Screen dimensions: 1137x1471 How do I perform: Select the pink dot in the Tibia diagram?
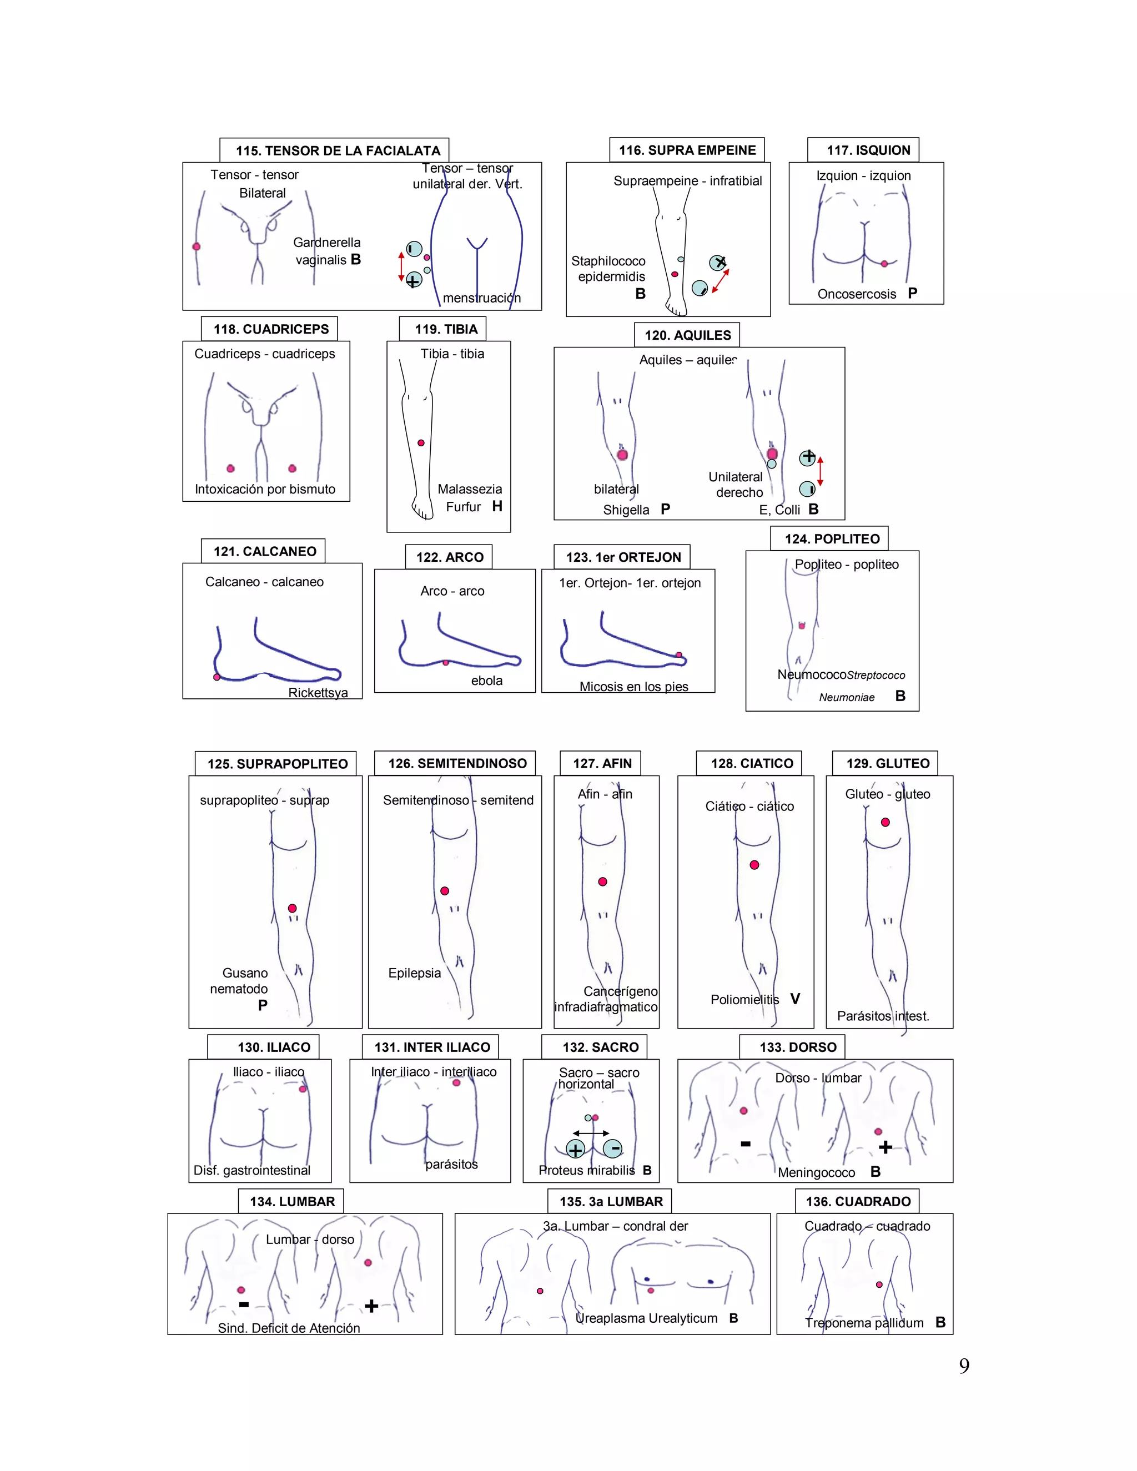421,443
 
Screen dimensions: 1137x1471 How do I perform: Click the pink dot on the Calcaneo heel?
217,677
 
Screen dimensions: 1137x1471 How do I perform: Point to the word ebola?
486,681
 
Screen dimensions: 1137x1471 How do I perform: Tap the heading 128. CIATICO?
752,764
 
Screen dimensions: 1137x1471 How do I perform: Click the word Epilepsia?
414,973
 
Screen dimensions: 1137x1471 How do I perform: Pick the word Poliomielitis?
744,1000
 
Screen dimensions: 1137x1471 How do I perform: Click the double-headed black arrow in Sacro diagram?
591,1133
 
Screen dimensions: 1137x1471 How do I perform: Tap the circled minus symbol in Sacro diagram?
612,1148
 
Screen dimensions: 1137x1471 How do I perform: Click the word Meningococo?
816,1172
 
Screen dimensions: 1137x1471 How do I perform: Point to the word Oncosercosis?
857,294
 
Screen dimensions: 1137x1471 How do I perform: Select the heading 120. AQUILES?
687,335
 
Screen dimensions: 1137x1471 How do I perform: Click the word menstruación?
481,298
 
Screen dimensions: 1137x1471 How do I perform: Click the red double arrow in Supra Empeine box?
721,281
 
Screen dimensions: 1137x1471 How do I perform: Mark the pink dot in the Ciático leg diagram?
754,865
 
